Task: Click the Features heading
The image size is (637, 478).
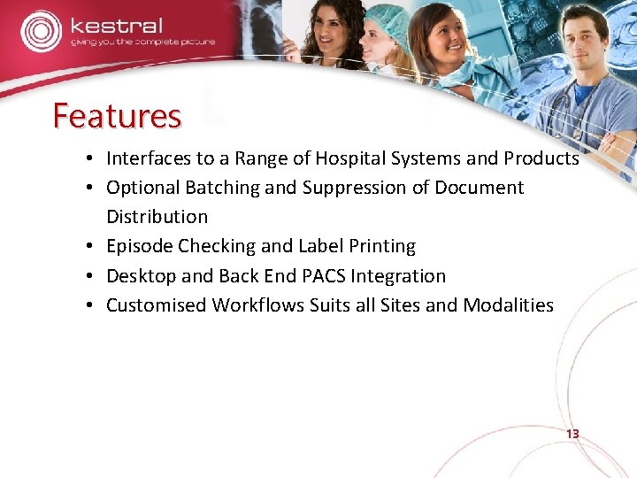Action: (x=117, y=116)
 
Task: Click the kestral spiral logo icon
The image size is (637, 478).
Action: (x=41, y=31)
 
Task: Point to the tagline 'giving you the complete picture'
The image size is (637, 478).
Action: (x=142, y=42)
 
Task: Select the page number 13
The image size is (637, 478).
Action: (x=572, y=435)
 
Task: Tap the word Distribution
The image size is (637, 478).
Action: (x=157, y=217)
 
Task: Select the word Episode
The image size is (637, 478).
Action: (x=139, y=246)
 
